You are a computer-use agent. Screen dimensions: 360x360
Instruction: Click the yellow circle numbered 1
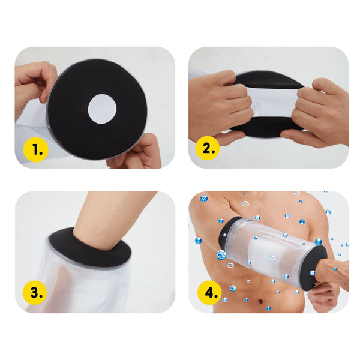[x=36, y=149]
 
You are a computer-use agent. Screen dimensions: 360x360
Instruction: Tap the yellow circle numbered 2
[x=208, y=148]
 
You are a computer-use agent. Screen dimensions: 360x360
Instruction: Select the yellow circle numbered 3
[x=35, y=293]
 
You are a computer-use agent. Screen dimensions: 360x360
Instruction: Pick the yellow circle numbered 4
[x=209, y=293]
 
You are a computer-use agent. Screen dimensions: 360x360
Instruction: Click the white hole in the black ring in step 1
[x=102, y=109]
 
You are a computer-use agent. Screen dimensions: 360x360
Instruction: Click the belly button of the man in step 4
[x=260, y=301]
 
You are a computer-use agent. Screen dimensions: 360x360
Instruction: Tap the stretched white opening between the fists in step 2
[x=273, y=102]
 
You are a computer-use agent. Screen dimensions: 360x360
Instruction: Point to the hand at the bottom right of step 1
[x=136, y=152]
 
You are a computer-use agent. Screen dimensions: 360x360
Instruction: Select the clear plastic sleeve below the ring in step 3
[x=80, y=287]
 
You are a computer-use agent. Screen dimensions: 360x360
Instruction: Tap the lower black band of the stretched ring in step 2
[x=266, y=127]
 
